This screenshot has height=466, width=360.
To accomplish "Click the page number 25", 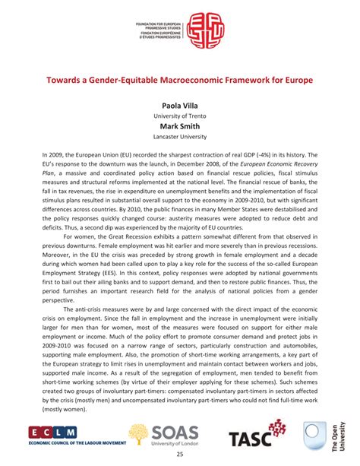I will coord(181,455).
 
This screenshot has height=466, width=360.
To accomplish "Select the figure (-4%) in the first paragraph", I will coord(270,155).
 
